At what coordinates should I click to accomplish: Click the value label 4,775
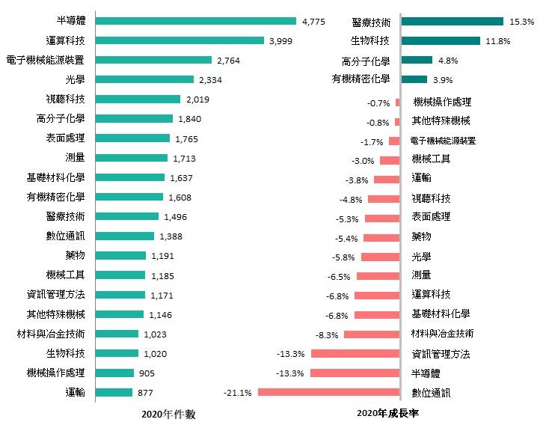point(313,22)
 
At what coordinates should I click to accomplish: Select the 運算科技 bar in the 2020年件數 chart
point(180,40)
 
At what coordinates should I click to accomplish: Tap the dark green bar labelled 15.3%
point(453,22)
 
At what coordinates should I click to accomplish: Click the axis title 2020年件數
point(169,414)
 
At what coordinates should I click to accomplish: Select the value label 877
point(145,392)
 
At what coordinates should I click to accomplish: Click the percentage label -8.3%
point(328,334)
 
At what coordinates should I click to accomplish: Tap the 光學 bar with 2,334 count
point(144,79)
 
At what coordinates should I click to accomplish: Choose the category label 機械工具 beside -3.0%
point(430,159)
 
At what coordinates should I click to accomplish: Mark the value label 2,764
point(228,60)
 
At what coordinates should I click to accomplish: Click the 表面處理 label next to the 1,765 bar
point(65,138)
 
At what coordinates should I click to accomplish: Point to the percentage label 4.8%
point(447,61)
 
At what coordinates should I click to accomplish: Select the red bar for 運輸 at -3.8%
point(387,179)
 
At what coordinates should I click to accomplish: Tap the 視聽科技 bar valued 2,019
point(138,99)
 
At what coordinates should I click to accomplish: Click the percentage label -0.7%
point(379,103)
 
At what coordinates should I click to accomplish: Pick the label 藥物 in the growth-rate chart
point(421,236)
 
